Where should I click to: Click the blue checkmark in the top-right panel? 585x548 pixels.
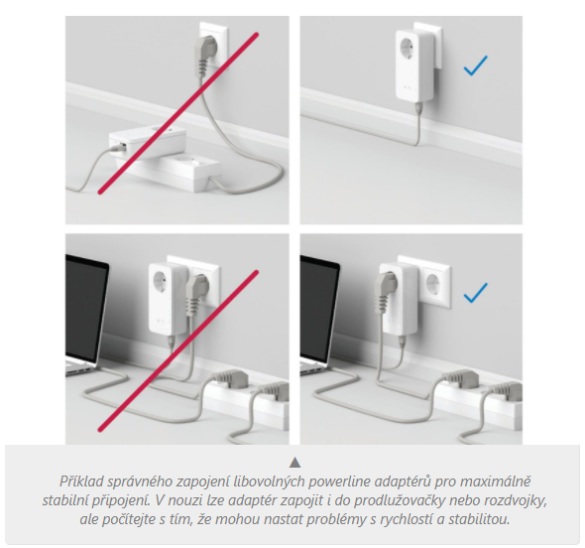(x=475, y=66)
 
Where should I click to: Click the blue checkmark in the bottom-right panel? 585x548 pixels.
(x=475, y=293)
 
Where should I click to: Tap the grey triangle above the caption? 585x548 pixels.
(x=294, y=462)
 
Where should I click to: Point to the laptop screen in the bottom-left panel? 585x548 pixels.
(x=86, y=308)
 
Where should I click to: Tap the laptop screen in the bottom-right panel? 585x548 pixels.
(x=319, y=308)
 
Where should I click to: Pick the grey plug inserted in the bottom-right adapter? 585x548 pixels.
(x=384, y=291)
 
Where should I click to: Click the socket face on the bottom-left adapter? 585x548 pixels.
(x=162, y=280)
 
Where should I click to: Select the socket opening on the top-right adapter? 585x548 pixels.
(x=409, y=49)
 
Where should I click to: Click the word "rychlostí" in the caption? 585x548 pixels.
(x=408, y=519)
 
